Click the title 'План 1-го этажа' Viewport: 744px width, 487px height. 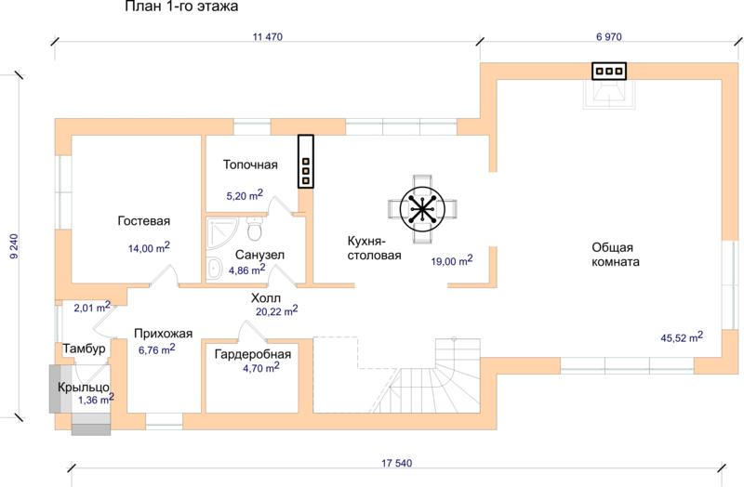pos(181,7)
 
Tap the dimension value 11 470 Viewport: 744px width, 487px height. pos(268,37)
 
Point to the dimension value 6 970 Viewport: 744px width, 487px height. pos(609,37)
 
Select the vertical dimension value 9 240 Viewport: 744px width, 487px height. pos(14,245)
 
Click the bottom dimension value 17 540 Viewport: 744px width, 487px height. pos(397,463)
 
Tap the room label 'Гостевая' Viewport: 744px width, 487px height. pos(144,221)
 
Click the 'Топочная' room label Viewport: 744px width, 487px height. pos(250,165)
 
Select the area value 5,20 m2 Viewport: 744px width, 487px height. pos(245,195)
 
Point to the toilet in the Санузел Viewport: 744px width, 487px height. pos(255,229)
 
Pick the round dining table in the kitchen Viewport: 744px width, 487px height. pos(422,209)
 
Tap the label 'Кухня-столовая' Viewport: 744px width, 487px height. pos(375,248)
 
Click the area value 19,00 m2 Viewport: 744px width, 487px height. pos(452,261)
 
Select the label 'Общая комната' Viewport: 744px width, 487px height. pos(616,255)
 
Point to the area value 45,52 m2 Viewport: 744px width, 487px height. pos(682,337)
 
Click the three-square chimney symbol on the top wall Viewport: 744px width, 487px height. pos(609,72)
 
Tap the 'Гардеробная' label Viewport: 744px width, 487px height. pos(253,354)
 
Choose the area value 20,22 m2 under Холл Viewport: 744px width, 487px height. pos(276,311)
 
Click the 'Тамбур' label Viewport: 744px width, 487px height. pos(84,349)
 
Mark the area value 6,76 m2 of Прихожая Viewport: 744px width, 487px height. pos(156,350)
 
